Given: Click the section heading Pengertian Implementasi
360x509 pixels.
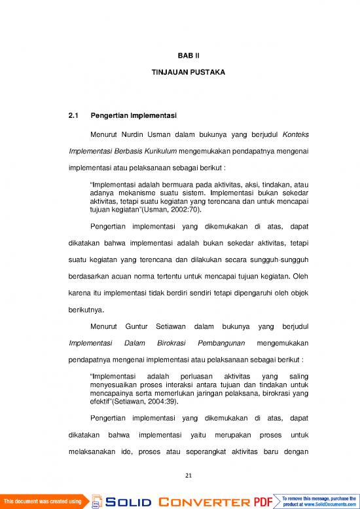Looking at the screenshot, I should pos(134,116).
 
